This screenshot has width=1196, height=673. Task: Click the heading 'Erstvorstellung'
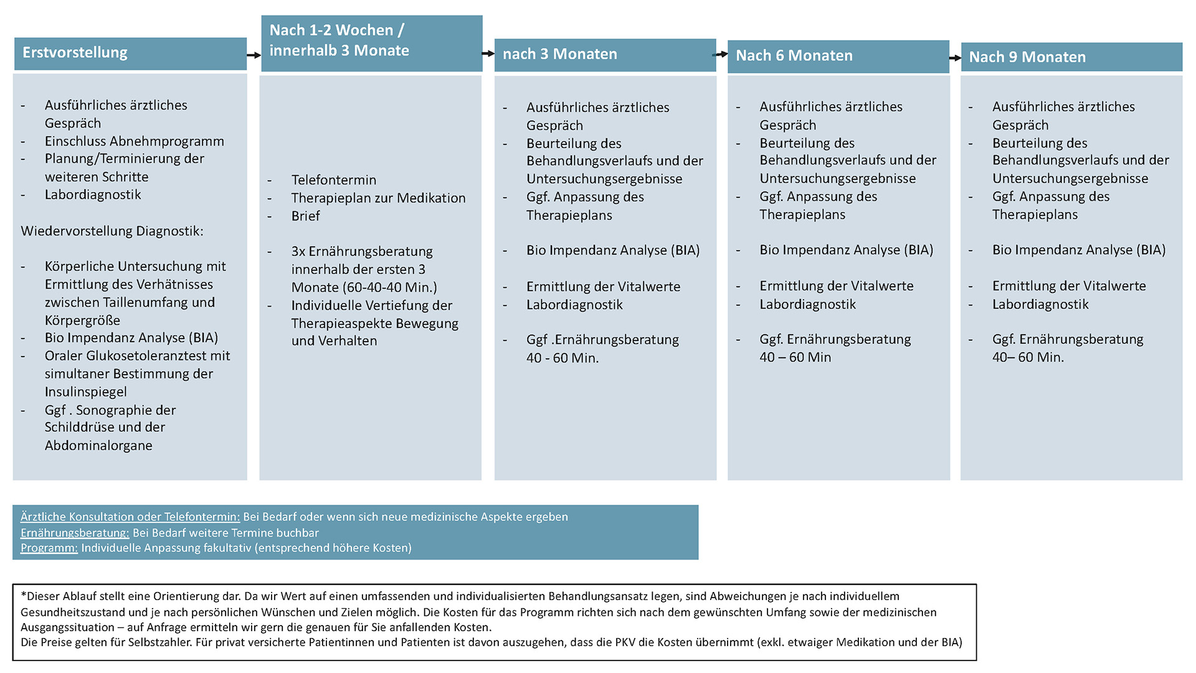click(x=75, y=53)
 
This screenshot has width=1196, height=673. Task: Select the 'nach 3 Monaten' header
click(x=559, y=54)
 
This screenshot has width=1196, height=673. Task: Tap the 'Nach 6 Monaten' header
click(x=794, y=55)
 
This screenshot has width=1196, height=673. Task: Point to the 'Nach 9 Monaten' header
click(x=1027, y=57)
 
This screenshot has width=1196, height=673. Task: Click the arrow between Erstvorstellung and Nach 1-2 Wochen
click(x=254, y=55)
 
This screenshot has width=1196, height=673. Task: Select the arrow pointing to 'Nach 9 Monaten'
click(x=955, y=58)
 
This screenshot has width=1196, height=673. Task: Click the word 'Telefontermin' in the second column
click(x=334, y=180)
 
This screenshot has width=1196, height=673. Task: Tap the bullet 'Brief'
click(x=305, y=216)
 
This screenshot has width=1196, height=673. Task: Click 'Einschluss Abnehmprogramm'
click(x=134, y=141)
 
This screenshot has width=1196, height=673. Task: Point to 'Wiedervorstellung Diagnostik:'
click(x=112, y=231)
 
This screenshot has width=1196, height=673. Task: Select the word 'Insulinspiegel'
click(x=85, y=392)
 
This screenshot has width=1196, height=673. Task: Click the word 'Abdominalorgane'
click(x=98, y=446)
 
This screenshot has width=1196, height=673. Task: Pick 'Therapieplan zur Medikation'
click(x=378, y=198)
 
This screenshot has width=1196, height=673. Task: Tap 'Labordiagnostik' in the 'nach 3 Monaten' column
click(x=574, y=305)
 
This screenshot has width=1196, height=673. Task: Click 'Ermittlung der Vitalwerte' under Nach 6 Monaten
click(x=836, y=286)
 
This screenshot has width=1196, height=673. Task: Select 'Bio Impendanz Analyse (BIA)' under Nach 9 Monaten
click(x=1078, y=250)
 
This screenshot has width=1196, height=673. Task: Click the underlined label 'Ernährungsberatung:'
click(x=75, y=533)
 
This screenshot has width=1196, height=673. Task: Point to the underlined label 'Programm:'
click(x=49, y=548)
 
